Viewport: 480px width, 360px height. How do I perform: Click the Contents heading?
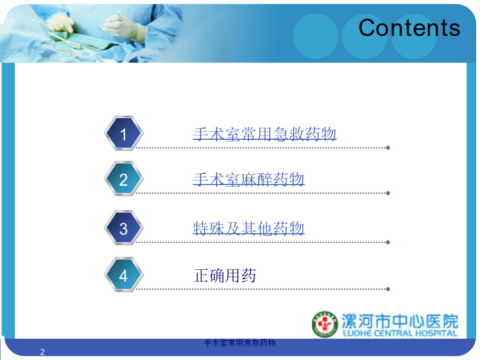click(409, 28)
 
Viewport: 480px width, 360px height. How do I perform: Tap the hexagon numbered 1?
click(124, 133)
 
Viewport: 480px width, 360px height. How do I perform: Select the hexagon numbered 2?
click(124, 179)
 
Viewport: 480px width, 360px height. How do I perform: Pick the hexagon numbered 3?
click(124, 228)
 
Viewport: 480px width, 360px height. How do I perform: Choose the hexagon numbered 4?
click(124, 275)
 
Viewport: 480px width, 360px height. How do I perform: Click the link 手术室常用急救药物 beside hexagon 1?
click(265, 134)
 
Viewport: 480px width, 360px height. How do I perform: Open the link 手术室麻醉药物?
click(249, 179)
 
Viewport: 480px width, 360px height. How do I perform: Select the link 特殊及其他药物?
click(249, 228)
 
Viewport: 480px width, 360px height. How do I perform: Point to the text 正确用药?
click(225, 275)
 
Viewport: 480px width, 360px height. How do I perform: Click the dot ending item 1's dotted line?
click(388, 148)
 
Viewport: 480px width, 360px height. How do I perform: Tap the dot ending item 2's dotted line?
click(388, 193)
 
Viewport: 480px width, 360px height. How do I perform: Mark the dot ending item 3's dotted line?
click(388, 243)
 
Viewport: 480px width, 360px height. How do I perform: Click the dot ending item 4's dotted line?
click(388, 289)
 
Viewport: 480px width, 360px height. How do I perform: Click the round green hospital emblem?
click(325, 324)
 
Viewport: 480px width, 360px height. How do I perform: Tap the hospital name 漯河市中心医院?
click(400, 321)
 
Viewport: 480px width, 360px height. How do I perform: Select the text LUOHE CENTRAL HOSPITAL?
click(400, 333)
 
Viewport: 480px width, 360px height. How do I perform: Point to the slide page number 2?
click(42, 352)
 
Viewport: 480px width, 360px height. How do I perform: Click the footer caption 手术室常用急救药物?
click(239, 342)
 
